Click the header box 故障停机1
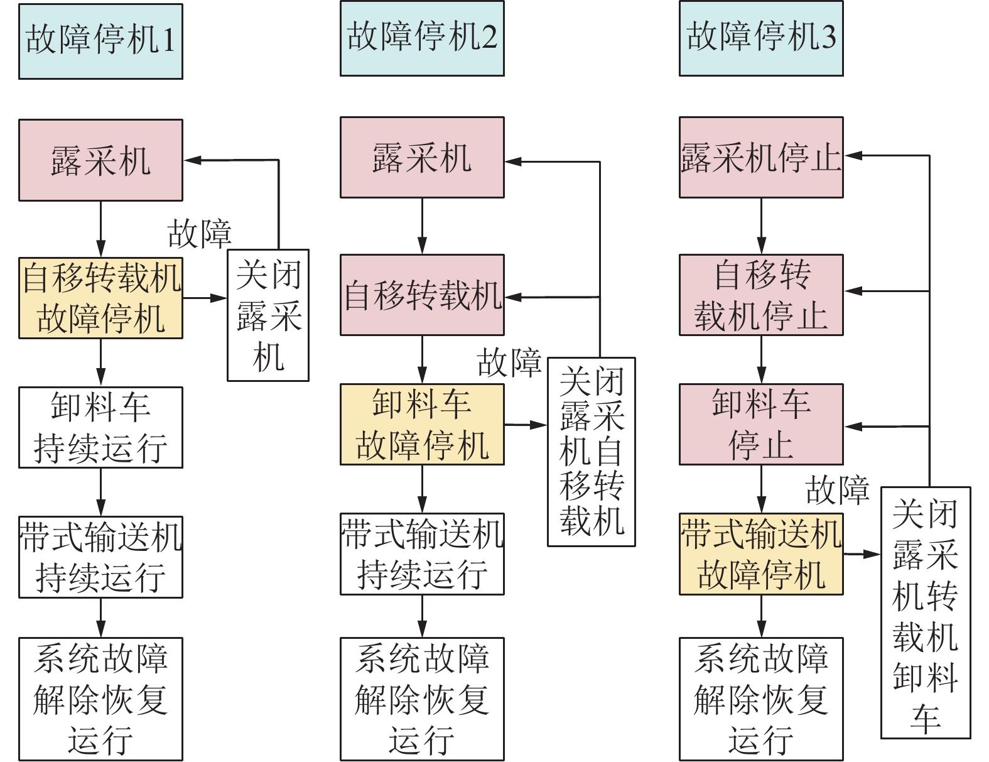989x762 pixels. (100, 41)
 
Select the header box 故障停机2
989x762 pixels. (422, 38)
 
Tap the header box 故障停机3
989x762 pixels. (761, 38)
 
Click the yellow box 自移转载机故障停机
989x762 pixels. (100, 298)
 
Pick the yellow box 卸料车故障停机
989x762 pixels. (422, 424)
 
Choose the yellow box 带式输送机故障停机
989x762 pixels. (761, 554)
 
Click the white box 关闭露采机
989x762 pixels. (268, 315)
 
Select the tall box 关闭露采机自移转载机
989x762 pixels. (592, 452)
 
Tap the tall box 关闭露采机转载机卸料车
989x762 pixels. (926, 612)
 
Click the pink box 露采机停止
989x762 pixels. (761, 157)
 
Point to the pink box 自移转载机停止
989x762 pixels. (761, 295)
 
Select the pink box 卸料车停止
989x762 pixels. (761, 424)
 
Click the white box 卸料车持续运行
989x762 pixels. (100, 427)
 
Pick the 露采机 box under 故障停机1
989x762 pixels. (100, 160)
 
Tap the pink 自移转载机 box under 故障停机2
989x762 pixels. (422, 295)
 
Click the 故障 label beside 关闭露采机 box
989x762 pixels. (200, 234)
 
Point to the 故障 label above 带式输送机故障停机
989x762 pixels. (838, 489)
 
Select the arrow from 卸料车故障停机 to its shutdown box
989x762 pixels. (526, 425)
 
